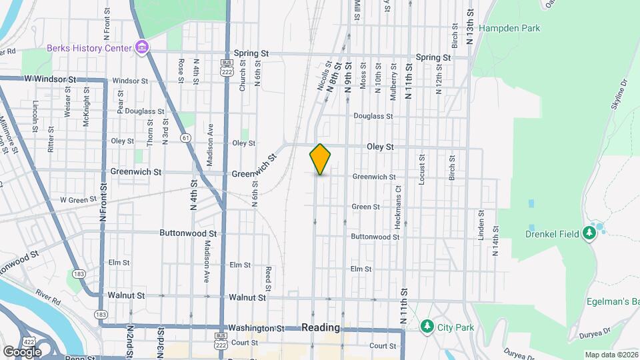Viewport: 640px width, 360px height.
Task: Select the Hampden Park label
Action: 509,29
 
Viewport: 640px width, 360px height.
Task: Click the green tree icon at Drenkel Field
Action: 589,232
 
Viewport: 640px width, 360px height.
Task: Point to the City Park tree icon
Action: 427,327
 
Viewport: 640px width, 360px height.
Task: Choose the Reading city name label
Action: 321,328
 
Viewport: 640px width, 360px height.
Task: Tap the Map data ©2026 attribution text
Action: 611,355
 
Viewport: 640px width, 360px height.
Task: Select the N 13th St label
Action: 470,27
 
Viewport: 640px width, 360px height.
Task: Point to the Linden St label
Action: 481,225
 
